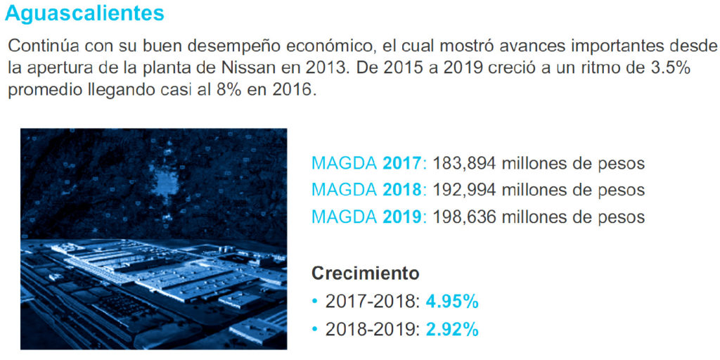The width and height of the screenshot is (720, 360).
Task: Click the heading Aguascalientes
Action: tap(84, 13)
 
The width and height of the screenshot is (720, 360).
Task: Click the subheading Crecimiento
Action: tap(365, 273)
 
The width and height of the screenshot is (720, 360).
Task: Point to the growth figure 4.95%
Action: tap(452, 302)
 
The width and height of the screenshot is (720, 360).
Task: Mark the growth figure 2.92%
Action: tap(452, 328)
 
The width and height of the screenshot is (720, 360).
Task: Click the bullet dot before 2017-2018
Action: tap(315, 302)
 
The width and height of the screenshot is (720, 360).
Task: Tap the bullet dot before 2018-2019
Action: tap(315, 329)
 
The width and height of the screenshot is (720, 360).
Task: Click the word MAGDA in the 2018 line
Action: tap(344, 190)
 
